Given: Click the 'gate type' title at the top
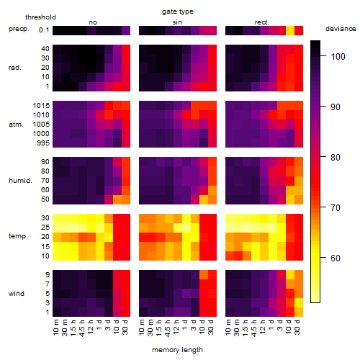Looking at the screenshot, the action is point(178,12).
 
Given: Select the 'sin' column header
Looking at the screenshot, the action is point(177,22).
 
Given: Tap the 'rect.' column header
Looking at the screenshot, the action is point(261,22).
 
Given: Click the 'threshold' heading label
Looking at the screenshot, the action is point(40,17).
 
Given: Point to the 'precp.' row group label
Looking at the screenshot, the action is point(19,29).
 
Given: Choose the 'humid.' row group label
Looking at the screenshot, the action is point(20,180).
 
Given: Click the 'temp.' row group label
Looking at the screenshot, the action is point(18,236).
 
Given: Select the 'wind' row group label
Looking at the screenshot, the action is point(17,293).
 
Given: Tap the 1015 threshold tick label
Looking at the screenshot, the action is point(41,105).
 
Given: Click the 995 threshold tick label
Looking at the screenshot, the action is point(43,143).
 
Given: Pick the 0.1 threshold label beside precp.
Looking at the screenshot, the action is point(44,30).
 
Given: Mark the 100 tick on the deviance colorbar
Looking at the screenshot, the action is point(338,57).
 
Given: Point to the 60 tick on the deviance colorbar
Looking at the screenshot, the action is point(336,258).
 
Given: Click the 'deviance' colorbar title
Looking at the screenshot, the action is point(341,29).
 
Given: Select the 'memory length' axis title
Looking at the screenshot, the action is point(178,350).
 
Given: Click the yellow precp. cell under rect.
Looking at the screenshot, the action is point(290,30).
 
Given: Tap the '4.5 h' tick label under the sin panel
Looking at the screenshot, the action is point(168,328).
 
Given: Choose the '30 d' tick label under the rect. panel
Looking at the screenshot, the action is point(297,327).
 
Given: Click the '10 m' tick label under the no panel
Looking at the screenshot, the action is point(55,327).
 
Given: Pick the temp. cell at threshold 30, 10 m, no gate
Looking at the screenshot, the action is point(57,218).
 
